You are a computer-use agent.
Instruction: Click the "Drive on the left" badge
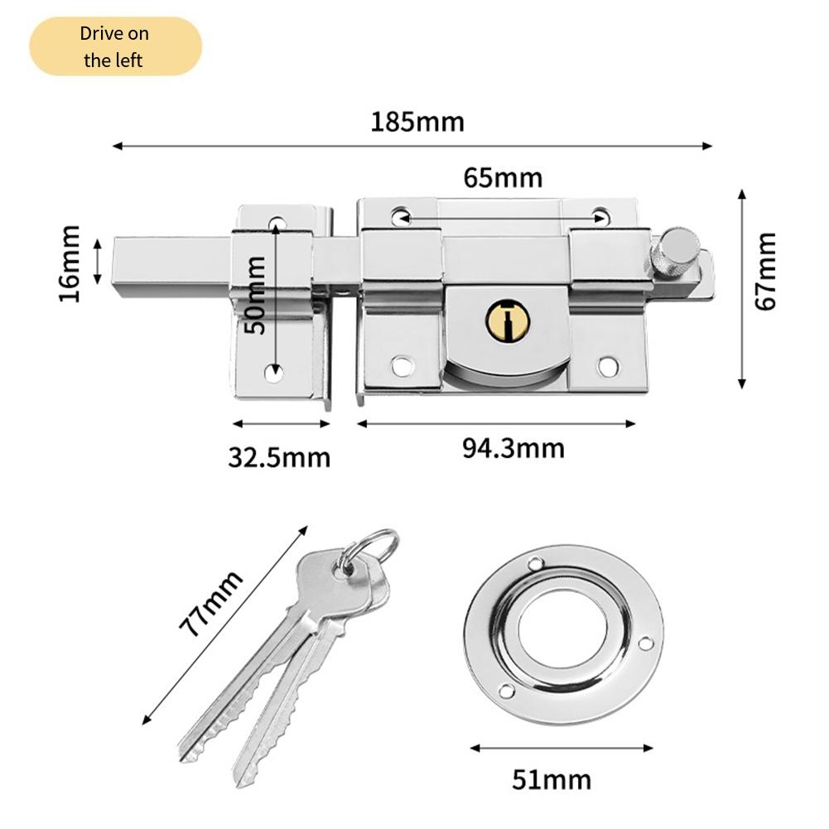[115, 47]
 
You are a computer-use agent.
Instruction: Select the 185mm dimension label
[417, 122]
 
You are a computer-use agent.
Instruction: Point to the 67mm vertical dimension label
[767, 271]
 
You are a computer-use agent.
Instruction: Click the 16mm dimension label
[70, 263]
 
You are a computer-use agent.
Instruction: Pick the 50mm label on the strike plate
[256, 294]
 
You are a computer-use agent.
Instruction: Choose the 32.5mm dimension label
[279, 457]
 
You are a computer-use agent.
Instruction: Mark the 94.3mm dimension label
[513, 448]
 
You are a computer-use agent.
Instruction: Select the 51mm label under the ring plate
[551, 779]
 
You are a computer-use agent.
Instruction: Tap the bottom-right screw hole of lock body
[609, 364]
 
